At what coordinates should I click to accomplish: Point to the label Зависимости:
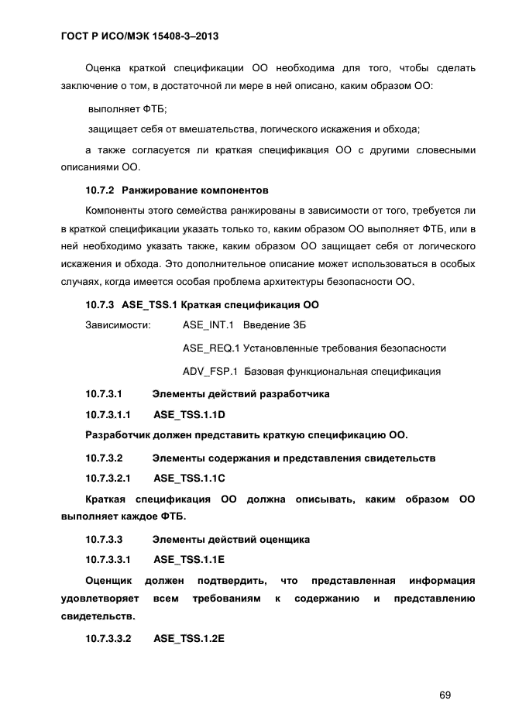click(x=118, y=324)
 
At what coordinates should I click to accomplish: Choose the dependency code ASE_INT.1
click(x=208, y=324)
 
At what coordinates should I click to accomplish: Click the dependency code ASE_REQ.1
click(x=211, y=348)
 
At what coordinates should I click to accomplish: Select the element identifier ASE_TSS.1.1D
click(x=189, y=414)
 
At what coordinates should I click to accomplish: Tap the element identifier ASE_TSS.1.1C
click(x=189, y=479)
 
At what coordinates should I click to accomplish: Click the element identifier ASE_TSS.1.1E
click(x=189, y=559)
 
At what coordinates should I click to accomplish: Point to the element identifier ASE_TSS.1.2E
click(x=189, y=639)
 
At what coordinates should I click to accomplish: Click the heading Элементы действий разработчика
click(x=241, y=394)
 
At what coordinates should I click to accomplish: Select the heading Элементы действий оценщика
click(x=231, y=539)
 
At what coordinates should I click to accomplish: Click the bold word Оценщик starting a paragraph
click(x=108, y=580)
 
